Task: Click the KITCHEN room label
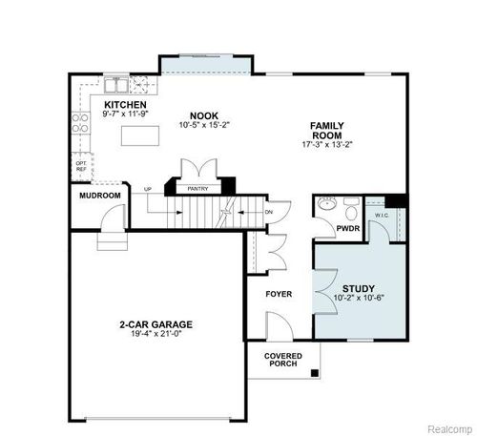click(124, 104)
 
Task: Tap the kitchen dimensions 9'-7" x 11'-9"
click(124, 114)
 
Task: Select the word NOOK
click(197, 114)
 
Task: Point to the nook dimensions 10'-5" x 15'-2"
click(197, 124)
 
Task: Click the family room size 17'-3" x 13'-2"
click(326, 145)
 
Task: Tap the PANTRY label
click(197, 189)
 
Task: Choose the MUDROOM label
click(100, 196)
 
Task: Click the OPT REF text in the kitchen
click(82, 166)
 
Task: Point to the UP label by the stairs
click(147, 189)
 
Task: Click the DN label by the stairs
click(268, 211)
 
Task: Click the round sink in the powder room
click(326, 204)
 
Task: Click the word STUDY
click(358, 287)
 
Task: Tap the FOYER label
click(279, 293)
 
